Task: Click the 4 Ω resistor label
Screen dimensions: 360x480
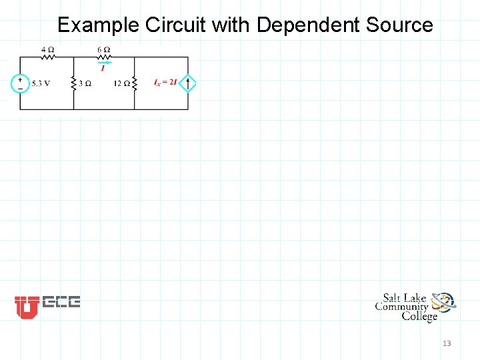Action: (x=47, y=50)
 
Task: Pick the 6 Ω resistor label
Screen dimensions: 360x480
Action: (x=103, y=50)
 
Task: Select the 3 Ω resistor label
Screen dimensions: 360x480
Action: (x=85, y=84)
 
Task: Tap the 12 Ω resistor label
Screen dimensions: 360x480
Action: (x=121, y=84)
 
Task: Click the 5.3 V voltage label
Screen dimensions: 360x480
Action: (x=41, y=84)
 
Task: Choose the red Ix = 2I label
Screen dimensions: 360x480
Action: (x=165, y=83)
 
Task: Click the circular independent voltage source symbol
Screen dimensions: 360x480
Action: (x=20, y=83)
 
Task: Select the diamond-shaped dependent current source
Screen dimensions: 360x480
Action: (x=188, y=83)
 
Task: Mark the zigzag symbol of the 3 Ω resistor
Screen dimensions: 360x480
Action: (x=73, y=83)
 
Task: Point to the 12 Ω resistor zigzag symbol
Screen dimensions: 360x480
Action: (x=134, y=83)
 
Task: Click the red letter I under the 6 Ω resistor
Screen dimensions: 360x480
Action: (x=103, y=68)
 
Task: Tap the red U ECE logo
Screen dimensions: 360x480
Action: (x=27, y=307)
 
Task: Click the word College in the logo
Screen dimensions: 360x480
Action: (x=419, y=316)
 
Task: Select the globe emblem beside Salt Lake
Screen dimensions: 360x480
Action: (x=443, y=303)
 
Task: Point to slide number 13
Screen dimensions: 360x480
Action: (x=447, y=343)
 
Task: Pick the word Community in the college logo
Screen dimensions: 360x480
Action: (x=401, y=307)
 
